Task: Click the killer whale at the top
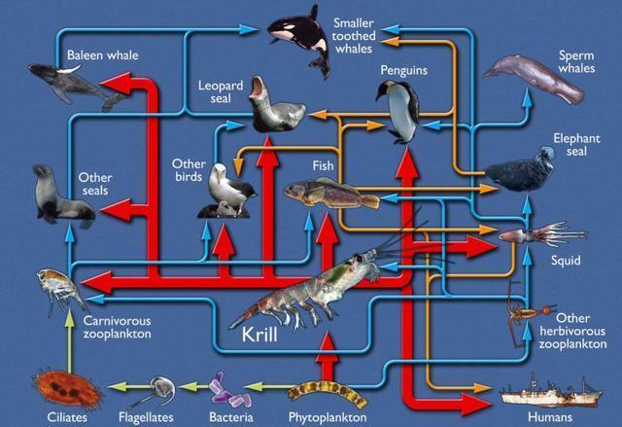pos(300,38)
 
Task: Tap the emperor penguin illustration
pos(397,112)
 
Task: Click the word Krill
pos(259,335)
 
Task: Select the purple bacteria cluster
pos(230,390)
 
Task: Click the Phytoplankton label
pos(328,417)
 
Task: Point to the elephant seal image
pos(520,169)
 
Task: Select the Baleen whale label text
pos(103,54)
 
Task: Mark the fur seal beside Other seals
pos(63,196)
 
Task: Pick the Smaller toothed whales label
pos(354,36)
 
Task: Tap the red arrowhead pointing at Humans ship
pos(476,404)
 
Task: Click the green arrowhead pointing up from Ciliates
pos(70,319)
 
